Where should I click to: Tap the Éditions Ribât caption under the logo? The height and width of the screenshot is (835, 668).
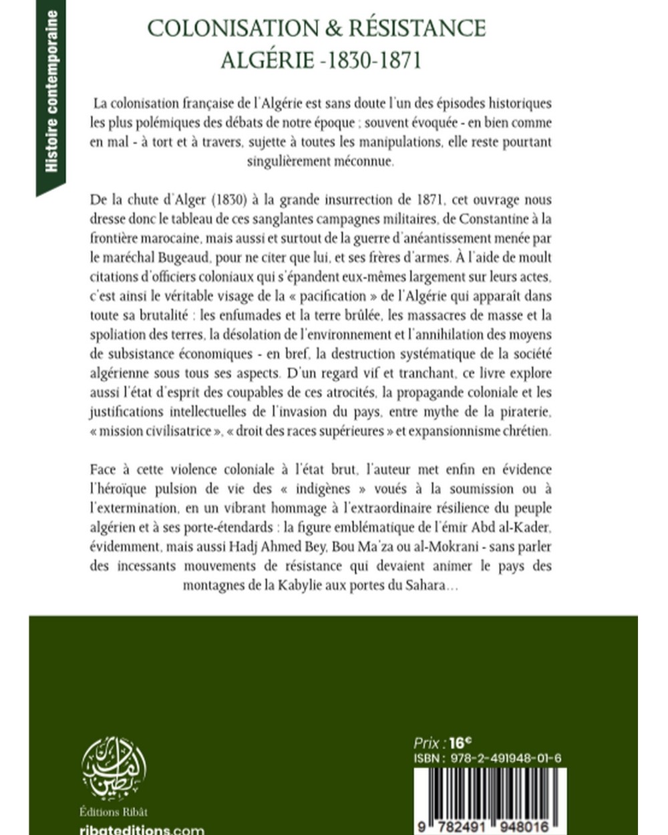point(114,812)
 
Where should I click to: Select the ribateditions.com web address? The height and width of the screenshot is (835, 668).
point(142,830)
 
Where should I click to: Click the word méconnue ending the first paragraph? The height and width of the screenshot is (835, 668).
point(363,161)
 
